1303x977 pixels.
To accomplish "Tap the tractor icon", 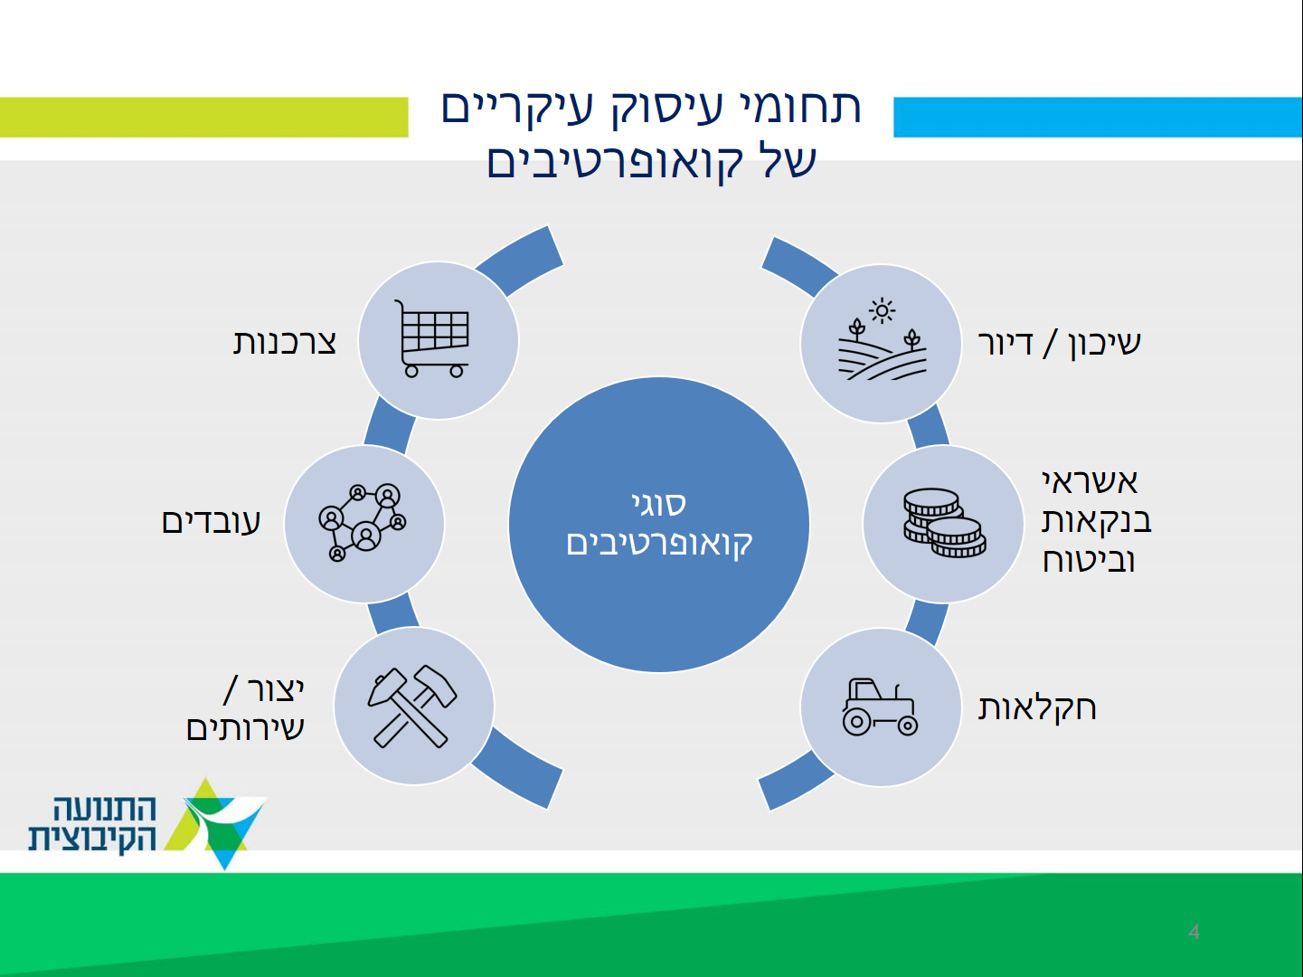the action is coord(880,707).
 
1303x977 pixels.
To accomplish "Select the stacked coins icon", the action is coord(944,523).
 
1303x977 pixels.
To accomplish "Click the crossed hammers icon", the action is coord(412,707).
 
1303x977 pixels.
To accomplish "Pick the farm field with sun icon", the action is coord(883,338).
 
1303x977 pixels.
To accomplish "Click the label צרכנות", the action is coord(284,343).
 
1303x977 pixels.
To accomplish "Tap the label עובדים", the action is coord(212,522).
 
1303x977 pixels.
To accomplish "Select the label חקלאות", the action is coord(1036,708).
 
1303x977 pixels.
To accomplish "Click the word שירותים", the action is coord(245,728).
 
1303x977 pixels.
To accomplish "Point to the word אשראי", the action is coord(1090,481).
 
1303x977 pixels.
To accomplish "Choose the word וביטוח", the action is coord(1089,560).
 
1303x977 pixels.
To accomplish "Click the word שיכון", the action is coord(1105,344).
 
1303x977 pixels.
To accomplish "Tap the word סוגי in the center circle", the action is coord(659,504).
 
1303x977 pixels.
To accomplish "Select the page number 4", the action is coord(1194,931).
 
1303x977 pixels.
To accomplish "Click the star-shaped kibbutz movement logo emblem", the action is coord(216,823).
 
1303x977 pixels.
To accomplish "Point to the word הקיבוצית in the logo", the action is coord(92,838).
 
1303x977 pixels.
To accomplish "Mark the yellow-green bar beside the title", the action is coord(204,117).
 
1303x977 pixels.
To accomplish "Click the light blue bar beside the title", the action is coord(1099,117).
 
